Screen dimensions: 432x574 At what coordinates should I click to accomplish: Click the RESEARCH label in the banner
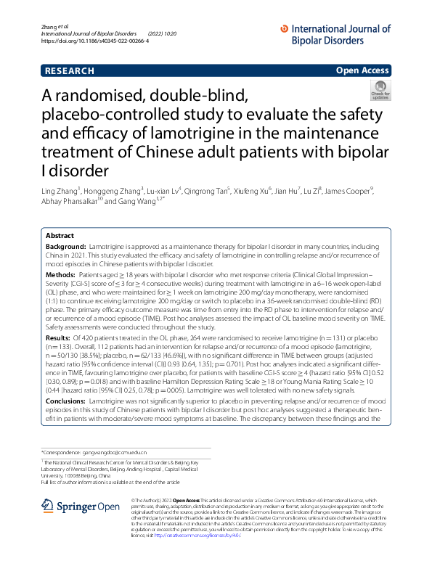[70, 71]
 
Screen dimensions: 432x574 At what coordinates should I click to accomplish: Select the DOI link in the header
[96, 41]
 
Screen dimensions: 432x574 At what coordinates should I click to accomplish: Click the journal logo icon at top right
[282, 29]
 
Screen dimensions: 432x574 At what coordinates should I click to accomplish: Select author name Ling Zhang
[60, 190]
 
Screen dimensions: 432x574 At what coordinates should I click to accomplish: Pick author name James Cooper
[351, 190]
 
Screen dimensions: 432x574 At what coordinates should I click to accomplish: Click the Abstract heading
[60, 237]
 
